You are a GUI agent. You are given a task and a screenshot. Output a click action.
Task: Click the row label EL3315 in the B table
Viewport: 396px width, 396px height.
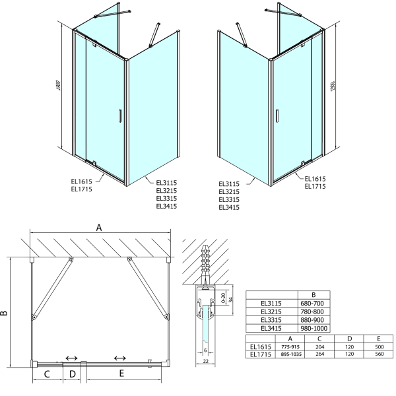coord(271,320)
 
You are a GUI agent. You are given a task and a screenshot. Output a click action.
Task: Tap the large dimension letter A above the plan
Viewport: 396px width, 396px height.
coord(99,227)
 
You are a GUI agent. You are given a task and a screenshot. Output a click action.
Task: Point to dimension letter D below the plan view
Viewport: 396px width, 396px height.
coord(73,374)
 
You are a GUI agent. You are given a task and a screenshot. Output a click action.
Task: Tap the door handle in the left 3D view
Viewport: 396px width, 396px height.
coord(119,116)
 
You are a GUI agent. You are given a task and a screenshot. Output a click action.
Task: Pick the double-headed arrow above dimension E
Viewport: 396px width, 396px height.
coord(120,358)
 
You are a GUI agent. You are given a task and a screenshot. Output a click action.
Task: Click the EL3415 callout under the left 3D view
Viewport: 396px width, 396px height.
coord(166,207)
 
